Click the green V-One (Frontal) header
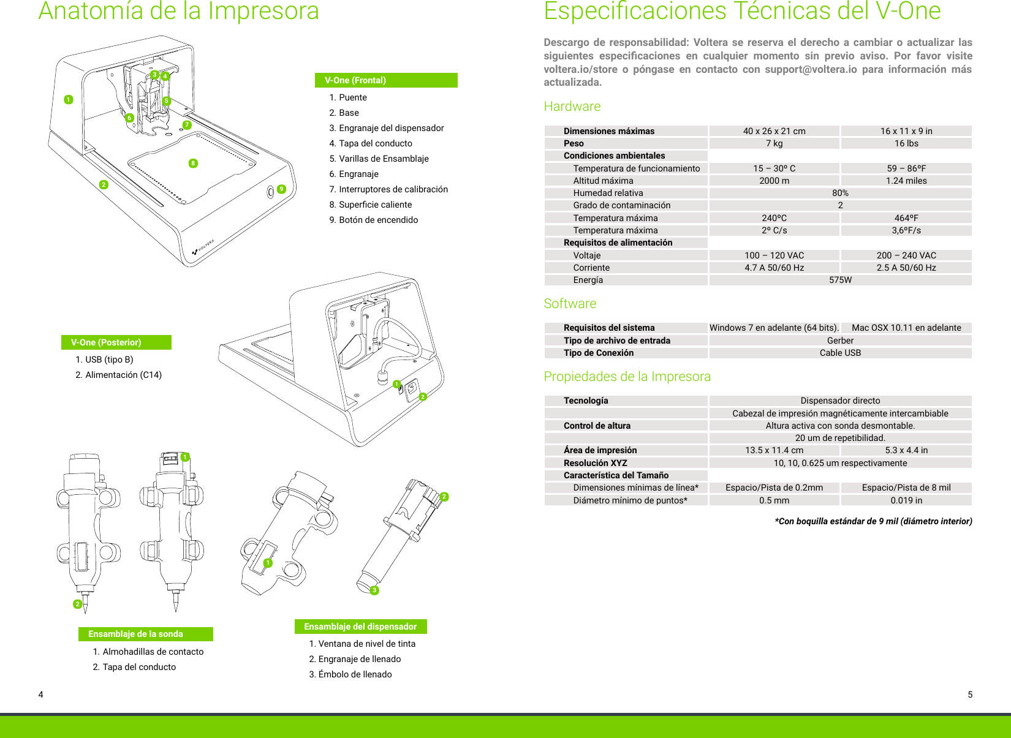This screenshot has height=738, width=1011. (385, 80)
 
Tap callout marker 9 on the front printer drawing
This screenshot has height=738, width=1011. (281, 189)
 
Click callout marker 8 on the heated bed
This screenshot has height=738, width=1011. (193, 163)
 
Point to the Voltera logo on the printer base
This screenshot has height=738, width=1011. (203, 247)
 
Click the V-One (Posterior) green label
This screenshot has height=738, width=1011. (116, 342)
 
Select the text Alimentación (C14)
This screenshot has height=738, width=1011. (123, 375)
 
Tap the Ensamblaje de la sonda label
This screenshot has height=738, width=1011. (145, 634)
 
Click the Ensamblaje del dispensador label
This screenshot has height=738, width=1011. (360, 627)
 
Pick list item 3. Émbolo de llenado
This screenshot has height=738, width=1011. (350, 674)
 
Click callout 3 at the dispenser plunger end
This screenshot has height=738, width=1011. (374, 590)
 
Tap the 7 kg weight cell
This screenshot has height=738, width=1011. (774, 143)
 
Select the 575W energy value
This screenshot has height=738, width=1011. (840, 280)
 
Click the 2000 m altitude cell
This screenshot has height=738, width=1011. (774, 181)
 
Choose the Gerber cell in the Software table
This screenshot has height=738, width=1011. (840, 341)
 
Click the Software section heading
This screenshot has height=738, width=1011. (570, 304)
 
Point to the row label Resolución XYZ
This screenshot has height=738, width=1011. (595, 463)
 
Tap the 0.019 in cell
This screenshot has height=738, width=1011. (906, 500)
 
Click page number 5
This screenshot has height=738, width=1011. (970, 695)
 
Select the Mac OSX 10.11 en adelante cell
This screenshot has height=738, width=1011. (906, 328)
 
